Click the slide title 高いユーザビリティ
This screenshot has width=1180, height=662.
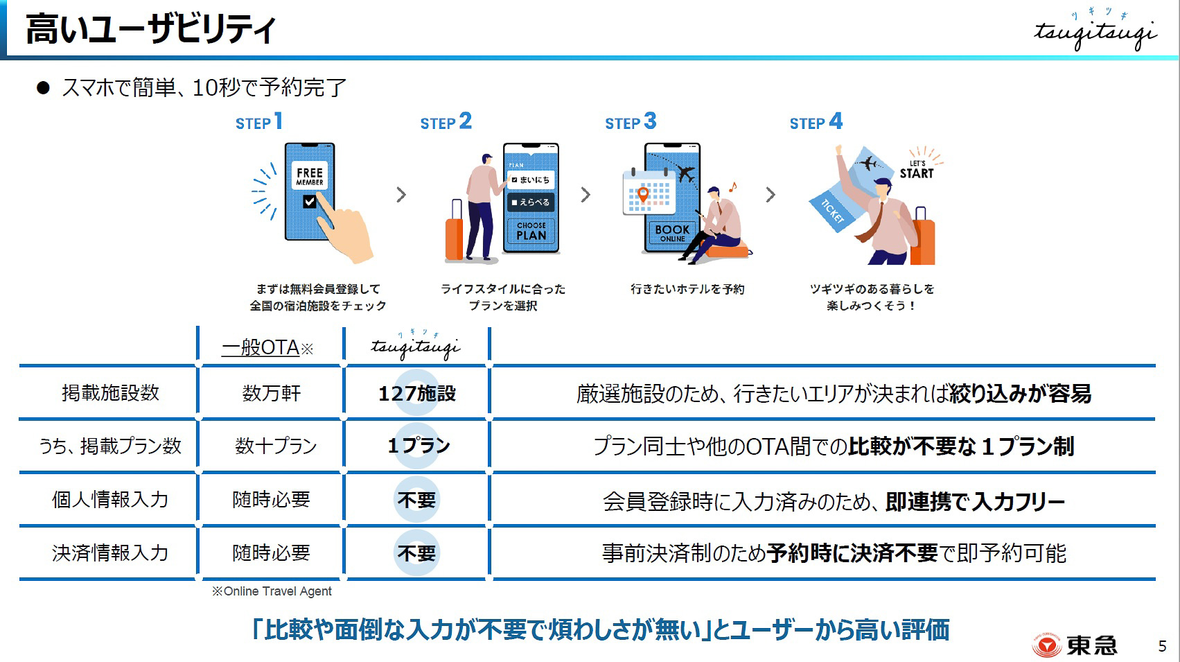[150, 31]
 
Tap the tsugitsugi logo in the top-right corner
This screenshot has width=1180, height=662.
[1095, 32]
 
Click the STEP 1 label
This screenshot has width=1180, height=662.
[258, 123]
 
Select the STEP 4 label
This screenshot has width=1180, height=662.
[816, 123]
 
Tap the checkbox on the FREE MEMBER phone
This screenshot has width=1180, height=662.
[310, 202]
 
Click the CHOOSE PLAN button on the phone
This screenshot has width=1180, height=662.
[531, 231]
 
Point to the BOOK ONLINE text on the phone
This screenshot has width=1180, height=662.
[672, 232]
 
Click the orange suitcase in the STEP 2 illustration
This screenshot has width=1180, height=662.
[455, 233]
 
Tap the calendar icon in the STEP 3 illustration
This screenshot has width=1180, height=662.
[648, 191]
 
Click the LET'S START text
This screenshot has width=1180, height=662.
[917, 171]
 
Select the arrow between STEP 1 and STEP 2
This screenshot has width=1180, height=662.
[401, 195]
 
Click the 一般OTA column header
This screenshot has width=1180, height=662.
[267, 347]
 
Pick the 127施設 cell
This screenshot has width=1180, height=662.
[416, 394]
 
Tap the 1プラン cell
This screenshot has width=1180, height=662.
[418, 446]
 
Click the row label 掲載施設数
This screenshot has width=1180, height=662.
[110, 393]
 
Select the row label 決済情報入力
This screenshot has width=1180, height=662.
[110, 552]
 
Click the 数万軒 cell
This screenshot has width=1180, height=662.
[271, 394]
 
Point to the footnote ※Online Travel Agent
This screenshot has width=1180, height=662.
[272, 591]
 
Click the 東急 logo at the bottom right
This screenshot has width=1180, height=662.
[1075, 645]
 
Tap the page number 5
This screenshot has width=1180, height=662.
[1162, 645]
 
